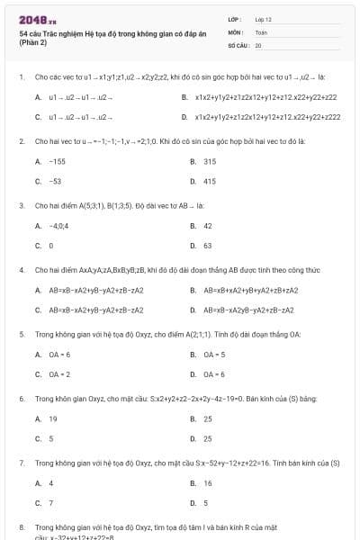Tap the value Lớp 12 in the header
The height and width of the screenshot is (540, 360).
tap(264, 19)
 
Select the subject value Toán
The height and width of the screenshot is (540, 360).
tap(261, 31)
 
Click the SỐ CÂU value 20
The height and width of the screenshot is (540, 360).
tap(258, 44)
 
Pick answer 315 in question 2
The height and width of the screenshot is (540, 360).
tap(210, 161)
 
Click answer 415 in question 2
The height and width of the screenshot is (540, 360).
tap(210, 181)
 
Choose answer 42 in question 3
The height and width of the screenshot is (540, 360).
tap(208, 226)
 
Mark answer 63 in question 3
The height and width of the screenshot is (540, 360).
tap(208, 246)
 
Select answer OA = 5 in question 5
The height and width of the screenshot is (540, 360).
tap(213, 355)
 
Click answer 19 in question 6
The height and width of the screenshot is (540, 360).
tap(53, 419)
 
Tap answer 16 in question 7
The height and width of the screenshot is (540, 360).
tap(208, 483)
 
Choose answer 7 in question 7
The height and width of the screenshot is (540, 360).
tap(51, 503)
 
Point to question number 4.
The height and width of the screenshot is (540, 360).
tap(22, 269)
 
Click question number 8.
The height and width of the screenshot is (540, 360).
tap(22, 526)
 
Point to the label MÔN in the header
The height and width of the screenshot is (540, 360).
tap(236, 31)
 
